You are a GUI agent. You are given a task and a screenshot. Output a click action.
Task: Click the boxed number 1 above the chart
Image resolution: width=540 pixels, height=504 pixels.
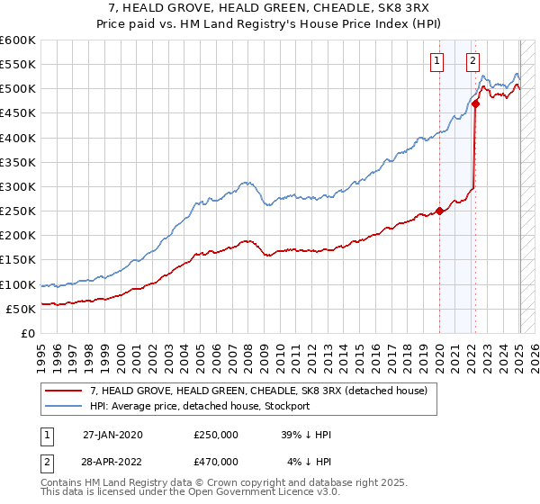(x=436, y=61)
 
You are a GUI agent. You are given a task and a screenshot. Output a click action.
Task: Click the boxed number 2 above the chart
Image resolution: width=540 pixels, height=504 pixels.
(x=472, y=61)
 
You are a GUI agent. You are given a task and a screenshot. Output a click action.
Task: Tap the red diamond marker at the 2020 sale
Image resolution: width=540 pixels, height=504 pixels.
(x=439, y=211)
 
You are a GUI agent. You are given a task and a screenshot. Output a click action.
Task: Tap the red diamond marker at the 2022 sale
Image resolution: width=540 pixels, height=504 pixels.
(x=475, y=103)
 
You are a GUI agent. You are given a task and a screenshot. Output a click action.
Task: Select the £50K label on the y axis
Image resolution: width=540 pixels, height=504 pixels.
(x=21, y=309)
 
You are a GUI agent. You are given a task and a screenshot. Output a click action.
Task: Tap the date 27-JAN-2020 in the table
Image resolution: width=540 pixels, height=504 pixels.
(x=112, y=435)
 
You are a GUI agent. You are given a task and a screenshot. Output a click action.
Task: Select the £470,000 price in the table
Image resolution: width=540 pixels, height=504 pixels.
(x=216, y=462)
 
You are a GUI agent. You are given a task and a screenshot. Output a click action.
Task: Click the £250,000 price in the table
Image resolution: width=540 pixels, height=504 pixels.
(x=216, y=435)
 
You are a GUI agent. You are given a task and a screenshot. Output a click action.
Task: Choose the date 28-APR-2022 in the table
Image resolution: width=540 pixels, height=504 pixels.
(x=112, y=462)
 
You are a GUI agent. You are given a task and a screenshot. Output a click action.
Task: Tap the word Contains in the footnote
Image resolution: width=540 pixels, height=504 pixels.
(x=62, y=484)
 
